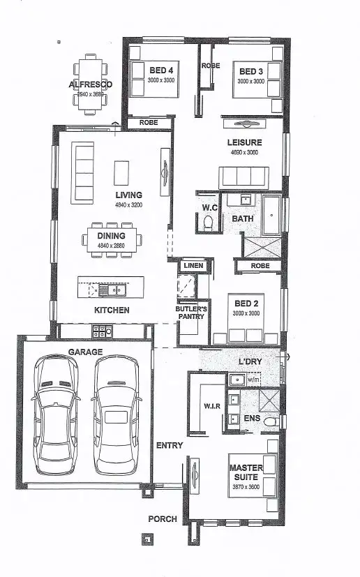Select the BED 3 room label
(252, 72)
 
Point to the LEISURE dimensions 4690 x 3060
(243, 152)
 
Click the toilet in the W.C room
(207, 223)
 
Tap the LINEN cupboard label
(193, 266)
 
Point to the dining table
(112, 241)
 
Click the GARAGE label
(85, 352)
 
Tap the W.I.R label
(211, 405)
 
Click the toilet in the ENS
(278, 421)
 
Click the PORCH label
(162, 519)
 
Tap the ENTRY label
(170, 445)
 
